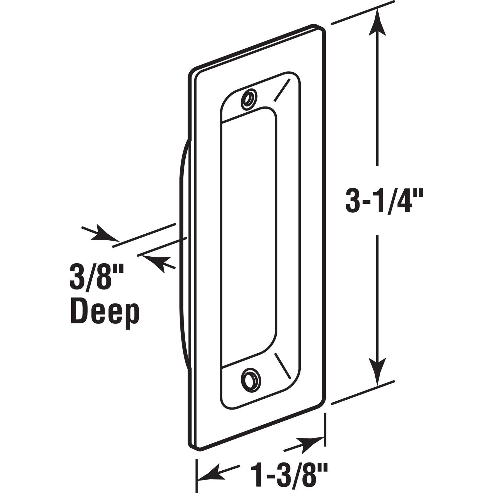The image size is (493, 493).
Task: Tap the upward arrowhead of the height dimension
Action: pyautogui.click(x=377, y=23)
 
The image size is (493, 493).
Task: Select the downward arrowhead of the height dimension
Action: pyautogui.click(x=377, y=371)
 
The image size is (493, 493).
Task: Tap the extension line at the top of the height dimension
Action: pyautogui.click(x=362, y=13)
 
